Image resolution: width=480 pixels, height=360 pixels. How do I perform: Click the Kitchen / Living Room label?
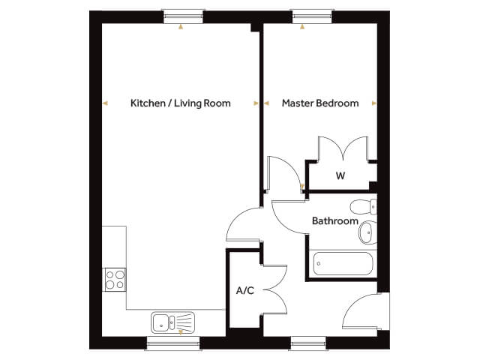click(x=181, y=103)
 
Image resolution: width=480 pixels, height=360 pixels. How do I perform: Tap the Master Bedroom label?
click(x=320, y=103)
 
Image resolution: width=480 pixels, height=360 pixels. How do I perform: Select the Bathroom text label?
click(x=335, y=220)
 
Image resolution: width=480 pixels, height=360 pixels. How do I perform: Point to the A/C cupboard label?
click(x=245, y=290)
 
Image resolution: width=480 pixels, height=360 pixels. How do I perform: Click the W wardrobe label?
click(x=340, y=175)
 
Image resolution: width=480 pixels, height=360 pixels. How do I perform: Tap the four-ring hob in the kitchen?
click(x=115, y=280)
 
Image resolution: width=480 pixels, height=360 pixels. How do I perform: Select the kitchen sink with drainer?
click(x=172, y=322)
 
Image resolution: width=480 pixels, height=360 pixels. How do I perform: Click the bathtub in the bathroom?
click(x=343, y=263)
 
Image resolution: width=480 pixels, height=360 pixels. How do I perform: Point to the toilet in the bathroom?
click(x=363, y=207)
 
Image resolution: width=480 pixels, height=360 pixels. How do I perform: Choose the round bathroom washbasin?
click(x=368, y=232)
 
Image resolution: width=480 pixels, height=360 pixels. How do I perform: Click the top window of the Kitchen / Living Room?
click(x=183, y=16)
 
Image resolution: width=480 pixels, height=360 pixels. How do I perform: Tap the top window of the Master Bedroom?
click(x=312, y=16)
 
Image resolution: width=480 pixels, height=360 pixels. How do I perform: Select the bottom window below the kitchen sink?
click(x=173, y=343)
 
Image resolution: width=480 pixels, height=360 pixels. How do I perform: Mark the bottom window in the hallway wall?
click(x=308, y=343)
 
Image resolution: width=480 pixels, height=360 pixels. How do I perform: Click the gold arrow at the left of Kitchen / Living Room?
click(x=105, y=103)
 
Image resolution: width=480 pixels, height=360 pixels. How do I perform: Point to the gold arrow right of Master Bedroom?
click(x=374, y=103)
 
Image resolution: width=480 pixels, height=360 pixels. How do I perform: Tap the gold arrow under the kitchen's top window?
click(x=181, y=27)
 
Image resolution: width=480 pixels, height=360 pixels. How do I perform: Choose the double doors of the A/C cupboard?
click(x=275, y=289)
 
